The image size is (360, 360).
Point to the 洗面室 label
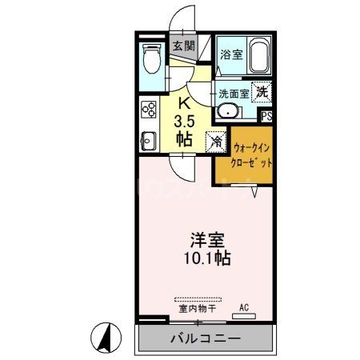coord(234,92)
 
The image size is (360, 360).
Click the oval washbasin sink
coord(228,111)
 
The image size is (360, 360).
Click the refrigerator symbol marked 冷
coord(216,142)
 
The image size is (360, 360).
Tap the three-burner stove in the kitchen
coord(148,109)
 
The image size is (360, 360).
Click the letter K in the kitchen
coord(183,102)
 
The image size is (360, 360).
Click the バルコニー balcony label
coord(205,338)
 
